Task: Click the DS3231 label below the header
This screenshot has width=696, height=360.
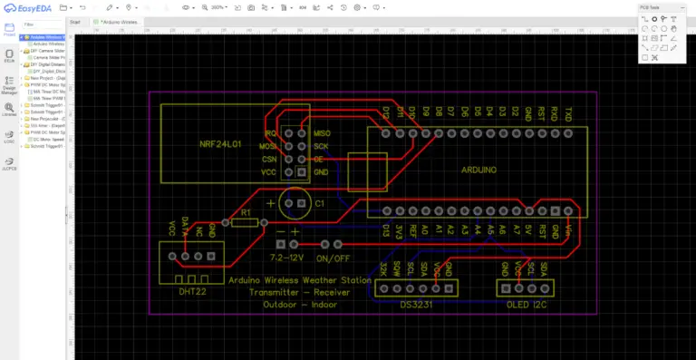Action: (417, 304)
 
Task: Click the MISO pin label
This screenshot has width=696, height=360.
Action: (323, 132)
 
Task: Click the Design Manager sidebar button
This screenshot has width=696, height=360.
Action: (8, 85)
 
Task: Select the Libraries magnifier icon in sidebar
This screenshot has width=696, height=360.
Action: (8, 109)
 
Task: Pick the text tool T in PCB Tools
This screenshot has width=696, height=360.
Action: (674, 18)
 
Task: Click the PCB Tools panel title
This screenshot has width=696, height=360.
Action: (650, 7)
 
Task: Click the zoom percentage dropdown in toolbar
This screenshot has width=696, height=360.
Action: (218, 7)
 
